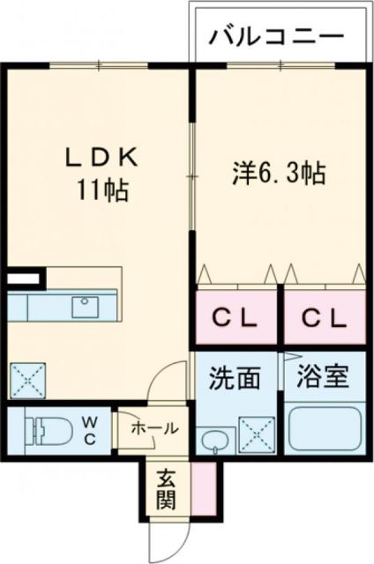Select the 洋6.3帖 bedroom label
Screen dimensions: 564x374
pyautogui.click(x=279, y=173)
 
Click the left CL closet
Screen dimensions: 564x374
pyautogui.click(x=236, y=318)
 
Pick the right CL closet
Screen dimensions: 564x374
pyautogui.click(x=323, y=318)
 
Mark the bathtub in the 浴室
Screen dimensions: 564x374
pyautogui.click(x=325, y=430)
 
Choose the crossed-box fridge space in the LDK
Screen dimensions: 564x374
pyautogui.click(x=26, y=380)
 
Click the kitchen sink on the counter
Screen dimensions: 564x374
pyautogui.click(x=86, y=308)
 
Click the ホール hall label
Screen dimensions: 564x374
pyautogui.click(x=153, y=428)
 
